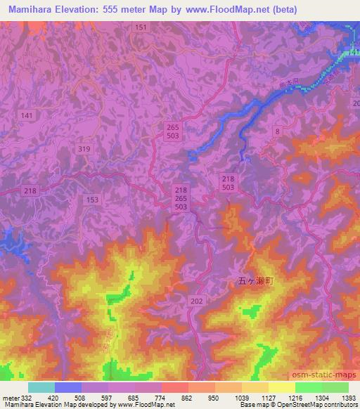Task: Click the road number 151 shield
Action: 142,27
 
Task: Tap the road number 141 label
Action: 27,115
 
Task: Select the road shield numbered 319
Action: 84,148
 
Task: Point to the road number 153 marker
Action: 92,200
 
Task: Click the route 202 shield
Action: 196,300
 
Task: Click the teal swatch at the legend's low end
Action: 41,387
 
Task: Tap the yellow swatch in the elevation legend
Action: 281,387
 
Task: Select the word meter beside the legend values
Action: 7,397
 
